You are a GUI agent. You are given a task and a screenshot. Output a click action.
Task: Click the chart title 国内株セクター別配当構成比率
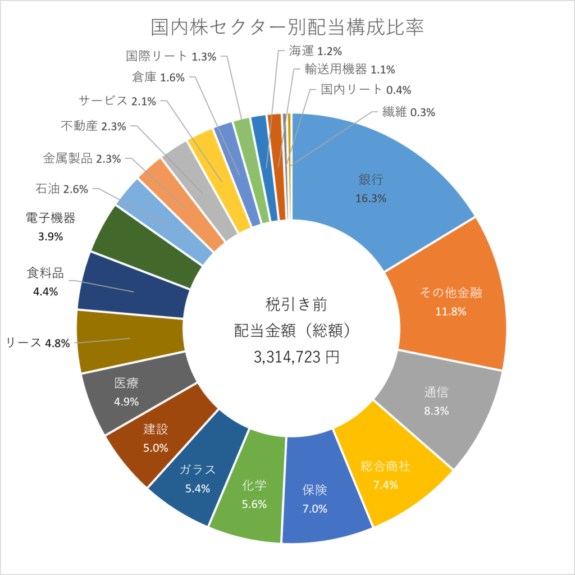pos(287,27)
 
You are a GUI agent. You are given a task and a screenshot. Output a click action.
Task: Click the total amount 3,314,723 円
pos(296,357)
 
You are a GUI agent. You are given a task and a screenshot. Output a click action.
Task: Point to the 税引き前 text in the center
pos(296,304)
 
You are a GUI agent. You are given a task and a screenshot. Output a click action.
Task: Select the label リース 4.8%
pos(38,343)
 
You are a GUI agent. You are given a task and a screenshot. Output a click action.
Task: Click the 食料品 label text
pos(45,273)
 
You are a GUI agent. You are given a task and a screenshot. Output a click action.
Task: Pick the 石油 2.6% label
pos(62,189)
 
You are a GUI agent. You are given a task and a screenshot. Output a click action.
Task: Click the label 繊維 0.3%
pos(409,112)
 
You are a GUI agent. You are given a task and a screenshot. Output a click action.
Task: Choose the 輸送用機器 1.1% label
pos(349,69)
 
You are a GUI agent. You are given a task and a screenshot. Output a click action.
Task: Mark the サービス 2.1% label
pos(117,101)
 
